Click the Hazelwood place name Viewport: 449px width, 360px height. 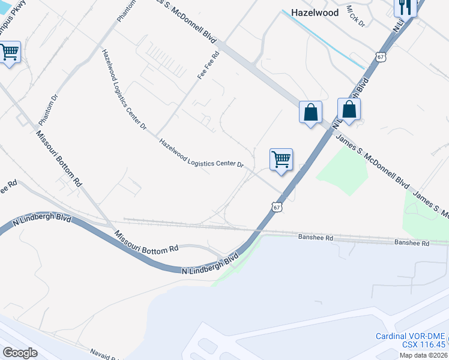click(x=315, y=12)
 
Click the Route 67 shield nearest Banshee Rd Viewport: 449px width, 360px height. click(x=276, y=206)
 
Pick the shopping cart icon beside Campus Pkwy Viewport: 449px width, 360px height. click(x=9, y=52)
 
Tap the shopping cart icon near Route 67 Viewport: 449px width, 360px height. click(x=280, y=159)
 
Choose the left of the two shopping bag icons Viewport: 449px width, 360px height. click(x=310, y=112)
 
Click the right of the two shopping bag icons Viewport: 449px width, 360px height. click(x=349, y=109)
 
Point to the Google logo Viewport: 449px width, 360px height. click(x=19, y=352)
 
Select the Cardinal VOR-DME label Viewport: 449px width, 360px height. click(x=411, y=336)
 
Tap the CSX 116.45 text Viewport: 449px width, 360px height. click(x=424, y=344)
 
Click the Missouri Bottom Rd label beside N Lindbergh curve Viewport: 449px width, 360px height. click(x=146, y=241)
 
